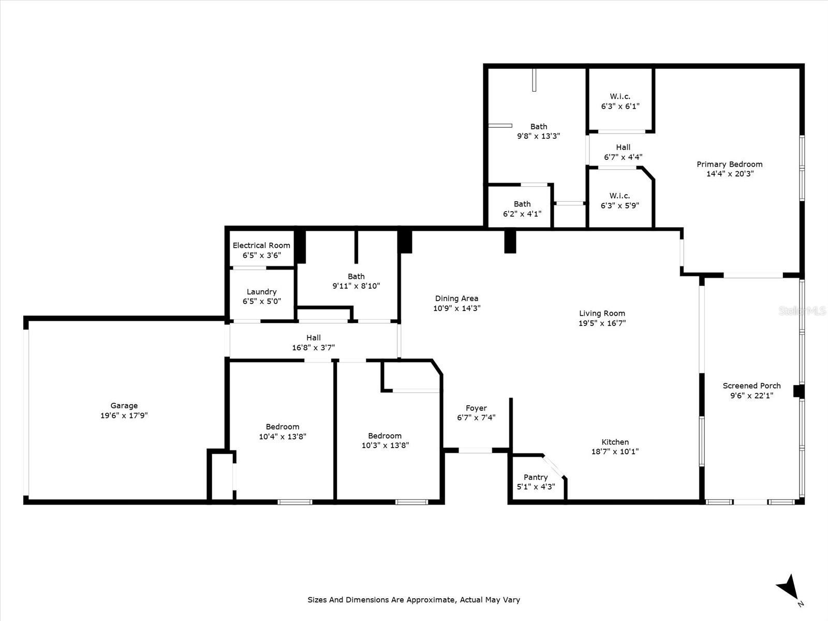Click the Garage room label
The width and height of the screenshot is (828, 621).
click(x=124, y=406)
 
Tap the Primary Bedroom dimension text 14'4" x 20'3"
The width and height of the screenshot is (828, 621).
click(x=730, y=174)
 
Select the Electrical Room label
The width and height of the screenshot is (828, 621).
click(x=261, y=245)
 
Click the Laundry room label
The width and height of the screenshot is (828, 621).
click(x=261, y=292)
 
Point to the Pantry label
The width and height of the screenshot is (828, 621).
click(x=536, y=477)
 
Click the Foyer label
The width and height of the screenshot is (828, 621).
click(x=476, y=408)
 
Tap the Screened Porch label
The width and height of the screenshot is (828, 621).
click(x=751, y=386)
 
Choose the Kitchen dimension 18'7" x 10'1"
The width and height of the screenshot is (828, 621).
click(x=615, y=451)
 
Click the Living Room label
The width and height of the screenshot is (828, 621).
click(x=602, y=313)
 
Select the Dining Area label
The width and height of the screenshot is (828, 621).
click(x=456, y=298)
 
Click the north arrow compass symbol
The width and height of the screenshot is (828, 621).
click(x=788, y=588)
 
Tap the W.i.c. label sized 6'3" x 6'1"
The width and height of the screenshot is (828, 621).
click(x=620, y=96)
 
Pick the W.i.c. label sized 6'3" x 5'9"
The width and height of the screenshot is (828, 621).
click(x=619, y=196)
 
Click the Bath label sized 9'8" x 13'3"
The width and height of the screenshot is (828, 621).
click(x=539, y=126)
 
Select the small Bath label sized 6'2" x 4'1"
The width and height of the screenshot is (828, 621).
click(x=522, y=204)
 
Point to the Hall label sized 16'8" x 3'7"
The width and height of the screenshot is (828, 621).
click(x=313, y=338)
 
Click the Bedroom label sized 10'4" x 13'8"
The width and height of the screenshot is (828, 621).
click(x=283, y=427)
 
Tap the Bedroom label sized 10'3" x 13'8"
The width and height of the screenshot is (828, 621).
click(x=385, y=436)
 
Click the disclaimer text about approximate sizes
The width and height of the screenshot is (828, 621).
click(x=413, y=600)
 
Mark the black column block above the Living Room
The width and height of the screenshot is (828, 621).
click(x=510, y=241)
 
